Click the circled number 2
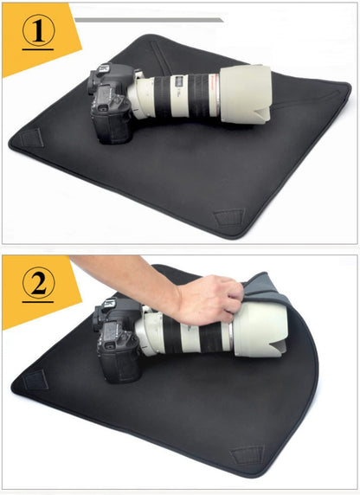(38, 282)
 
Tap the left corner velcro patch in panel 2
(35, 379)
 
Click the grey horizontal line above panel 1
(148, 18)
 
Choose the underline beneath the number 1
(38, 49)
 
